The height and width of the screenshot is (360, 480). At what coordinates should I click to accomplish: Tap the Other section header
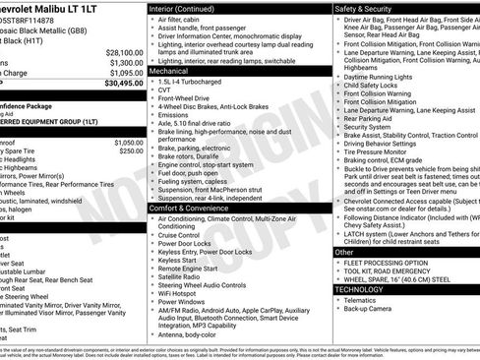coord(345,253)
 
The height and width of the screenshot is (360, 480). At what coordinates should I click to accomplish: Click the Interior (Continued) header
coord(189,7)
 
